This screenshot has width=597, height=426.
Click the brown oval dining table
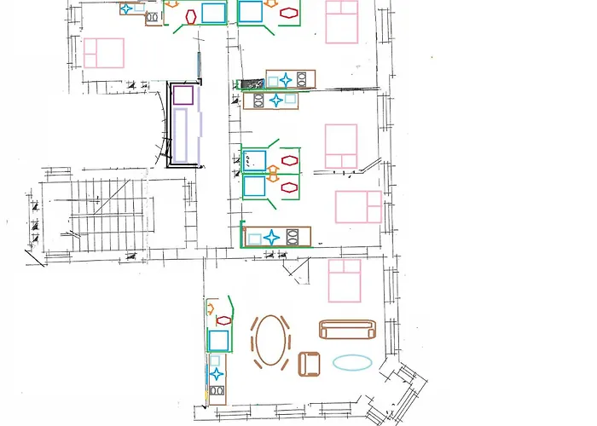[x=270, y=341]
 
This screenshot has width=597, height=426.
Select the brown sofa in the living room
[x=346, y=330]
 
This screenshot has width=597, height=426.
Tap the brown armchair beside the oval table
[x=310, y=363]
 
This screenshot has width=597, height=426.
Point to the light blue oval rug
[x=351, y=362]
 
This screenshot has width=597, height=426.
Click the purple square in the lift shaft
[x=183, y=95]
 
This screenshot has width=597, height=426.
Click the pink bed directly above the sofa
[x=345, y=280]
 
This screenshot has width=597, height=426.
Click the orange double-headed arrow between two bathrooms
[x=273, y=173]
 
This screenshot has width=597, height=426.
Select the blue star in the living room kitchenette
[x=217, y=373]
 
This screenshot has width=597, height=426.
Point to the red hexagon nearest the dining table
[x=223, y=320]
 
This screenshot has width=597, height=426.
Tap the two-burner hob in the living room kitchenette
[x=217, y=393]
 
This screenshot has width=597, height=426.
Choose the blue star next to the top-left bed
[x=127, y=9]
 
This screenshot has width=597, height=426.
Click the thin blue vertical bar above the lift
[x=199, y=65]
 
